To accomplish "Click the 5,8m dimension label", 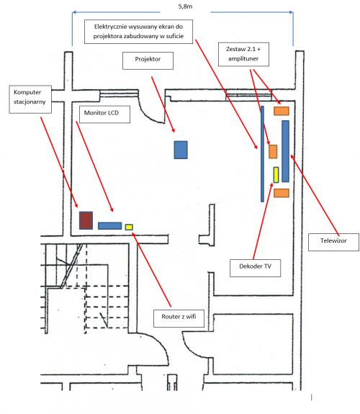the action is tap(185, 6).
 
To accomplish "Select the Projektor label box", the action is tap(148, 60).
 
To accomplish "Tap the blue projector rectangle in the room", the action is tap(181, 150).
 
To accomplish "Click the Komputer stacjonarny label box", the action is tap(30, 99).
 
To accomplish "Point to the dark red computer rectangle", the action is tap(86, 220).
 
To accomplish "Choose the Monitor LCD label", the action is tap(104, 114).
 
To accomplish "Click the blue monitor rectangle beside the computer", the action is tap(110, 226).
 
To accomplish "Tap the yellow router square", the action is tap(129, 227).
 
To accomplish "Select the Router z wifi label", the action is tap(179, 318).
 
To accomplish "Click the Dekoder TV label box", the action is tap(255, 268).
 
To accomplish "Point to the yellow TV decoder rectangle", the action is tap(276, 175).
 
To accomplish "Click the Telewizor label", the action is tap(333, 242).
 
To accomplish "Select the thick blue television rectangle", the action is tap(286, 151).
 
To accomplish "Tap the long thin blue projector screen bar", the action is tap(262, 154).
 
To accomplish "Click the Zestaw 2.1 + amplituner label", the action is tap(243, 54).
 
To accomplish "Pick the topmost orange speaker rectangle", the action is tap(282, 111).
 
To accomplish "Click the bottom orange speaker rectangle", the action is tap(282, 193).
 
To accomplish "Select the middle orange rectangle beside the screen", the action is tap(273, 152).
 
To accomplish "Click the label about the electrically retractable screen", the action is tap(139, 32).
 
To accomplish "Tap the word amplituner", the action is tap(243, 58).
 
